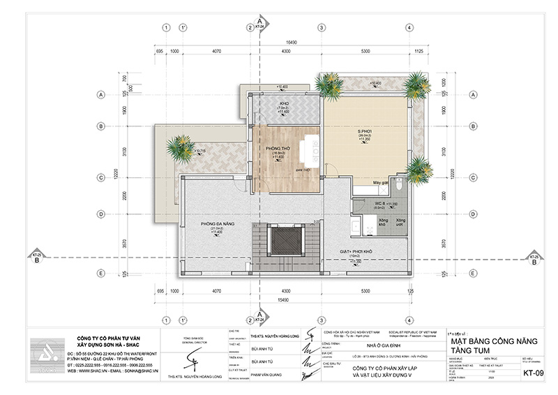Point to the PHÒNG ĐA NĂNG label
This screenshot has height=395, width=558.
click(216, 225)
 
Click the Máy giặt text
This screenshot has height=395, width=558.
click(380, 183)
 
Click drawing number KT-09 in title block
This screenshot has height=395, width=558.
click(533, 373)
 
